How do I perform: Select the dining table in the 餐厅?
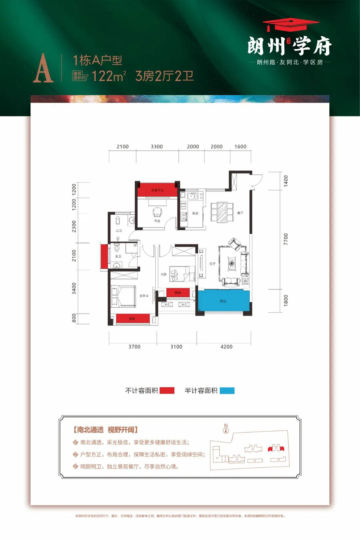(222, 212)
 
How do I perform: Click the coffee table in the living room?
(232, 263)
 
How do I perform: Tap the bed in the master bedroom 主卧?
(123, 296)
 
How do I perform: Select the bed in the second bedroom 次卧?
(182, 274)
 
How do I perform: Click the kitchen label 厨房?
(195, 213)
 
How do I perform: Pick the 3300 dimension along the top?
(157, 146)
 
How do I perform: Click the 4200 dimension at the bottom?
(226, 347)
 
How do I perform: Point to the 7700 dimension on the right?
(286, 239)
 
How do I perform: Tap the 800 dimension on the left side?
(74, 318)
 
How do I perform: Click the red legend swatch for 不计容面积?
(167, 391)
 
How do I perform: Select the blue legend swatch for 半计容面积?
(227, 391)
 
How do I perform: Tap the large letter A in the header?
(43, 68)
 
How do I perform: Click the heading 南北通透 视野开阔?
(105, 430)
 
